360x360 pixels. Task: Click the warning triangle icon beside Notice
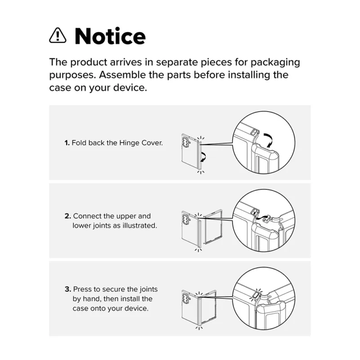coord(58,36)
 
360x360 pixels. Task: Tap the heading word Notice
coord(110,36)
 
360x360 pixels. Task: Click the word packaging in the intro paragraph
coord(275,63)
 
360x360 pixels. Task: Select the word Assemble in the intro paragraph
coord(122,75)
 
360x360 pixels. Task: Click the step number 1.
coord(67,143)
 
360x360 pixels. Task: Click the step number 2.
coord(68,216)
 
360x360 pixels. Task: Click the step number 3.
coord(68,289)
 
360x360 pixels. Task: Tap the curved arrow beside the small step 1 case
coord(203,157)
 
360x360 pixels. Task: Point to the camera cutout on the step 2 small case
coord(185,220)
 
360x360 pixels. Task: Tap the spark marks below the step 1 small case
coord(200,172)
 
